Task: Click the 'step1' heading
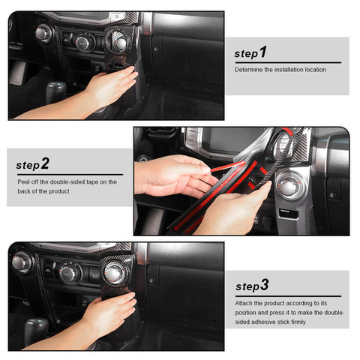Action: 250,53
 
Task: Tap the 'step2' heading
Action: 33,163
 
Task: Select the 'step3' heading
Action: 251,286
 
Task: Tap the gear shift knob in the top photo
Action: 55,90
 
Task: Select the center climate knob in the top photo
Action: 84,42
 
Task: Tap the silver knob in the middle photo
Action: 289,184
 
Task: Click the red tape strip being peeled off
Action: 225,169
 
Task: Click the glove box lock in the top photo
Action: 155,49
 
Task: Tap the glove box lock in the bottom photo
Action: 153,280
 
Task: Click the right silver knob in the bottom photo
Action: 115,270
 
